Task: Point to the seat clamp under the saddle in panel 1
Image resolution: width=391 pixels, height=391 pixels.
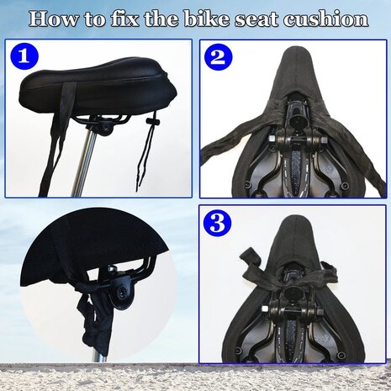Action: click(x=106, y=128)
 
